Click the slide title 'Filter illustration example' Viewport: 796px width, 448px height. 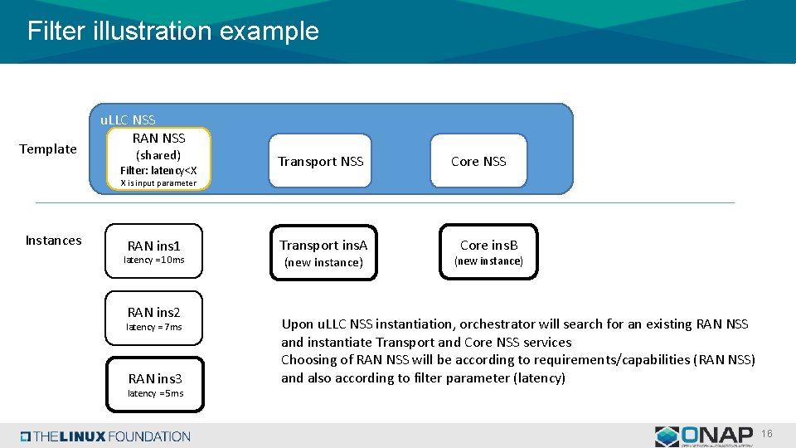[172, 32]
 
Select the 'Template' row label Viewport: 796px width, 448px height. [47, 149]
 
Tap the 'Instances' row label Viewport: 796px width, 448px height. [53, 241]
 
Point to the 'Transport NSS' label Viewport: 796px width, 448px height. [321, 162]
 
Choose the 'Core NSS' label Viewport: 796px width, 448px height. [478, 162]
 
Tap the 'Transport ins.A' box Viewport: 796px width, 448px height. [323, 252]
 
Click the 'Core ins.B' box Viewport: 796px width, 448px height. [488, 251]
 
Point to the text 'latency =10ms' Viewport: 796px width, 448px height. [154, 261]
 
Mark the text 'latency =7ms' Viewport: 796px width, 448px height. [154, 327]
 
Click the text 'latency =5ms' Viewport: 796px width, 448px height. [155, 393]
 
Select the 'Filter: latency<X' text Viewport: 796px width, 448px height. [158, 170]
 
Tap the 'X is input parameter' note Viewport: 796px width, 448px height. [158, 183]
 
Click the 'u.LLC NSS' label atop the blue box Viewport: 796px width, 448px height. [128, 120]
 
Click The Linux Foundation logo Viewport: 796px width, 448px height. [105, 436]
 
